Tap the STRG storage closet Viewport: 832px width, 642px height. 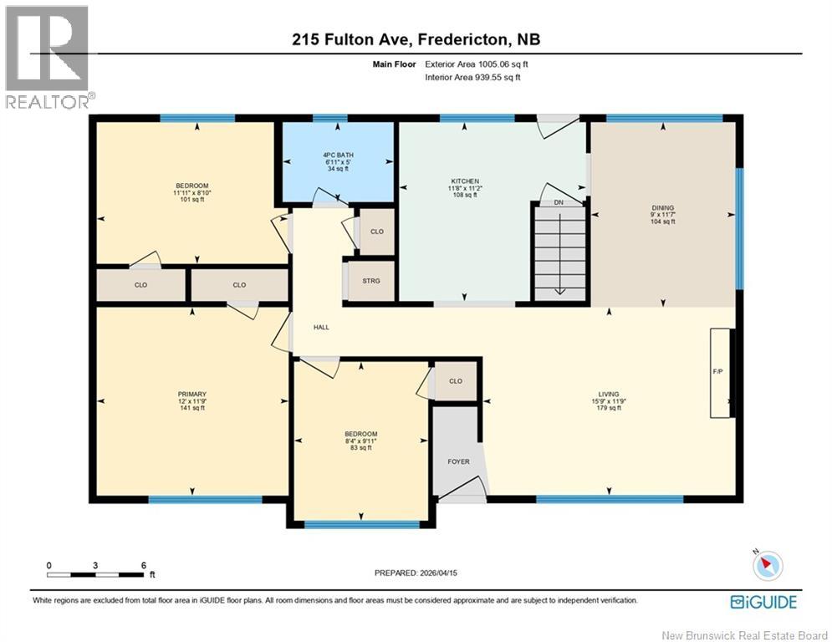coord(371,281)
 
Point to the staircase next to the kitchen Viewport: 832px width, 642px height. coord(559,252)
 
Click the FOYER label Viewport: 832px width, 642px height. coord(458,461)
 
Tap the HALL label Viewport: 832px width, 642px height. coord(321,328)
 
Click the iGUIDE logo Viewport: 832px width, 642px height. coord(763,602)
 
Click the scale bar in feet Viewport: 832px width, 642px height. coord(95,574)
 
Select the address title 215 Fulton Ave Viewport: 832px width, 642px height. coord(416,40)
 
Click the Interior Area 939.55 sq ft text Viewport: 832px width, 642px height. coord(472,77)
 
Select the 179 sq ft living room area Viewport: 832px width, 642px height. coord(608,408)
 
